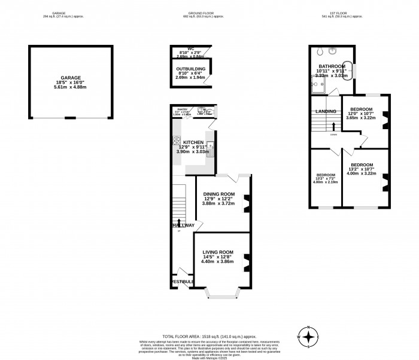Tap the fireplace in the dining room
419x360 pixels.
246,200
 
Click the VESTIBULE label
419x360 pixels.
182,282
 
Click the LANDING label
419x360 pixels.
325,111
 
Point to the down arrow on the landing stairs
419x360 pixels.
333,126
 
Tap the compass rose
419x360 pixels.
308,337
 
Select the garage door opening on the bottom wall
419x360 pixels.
71,117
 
